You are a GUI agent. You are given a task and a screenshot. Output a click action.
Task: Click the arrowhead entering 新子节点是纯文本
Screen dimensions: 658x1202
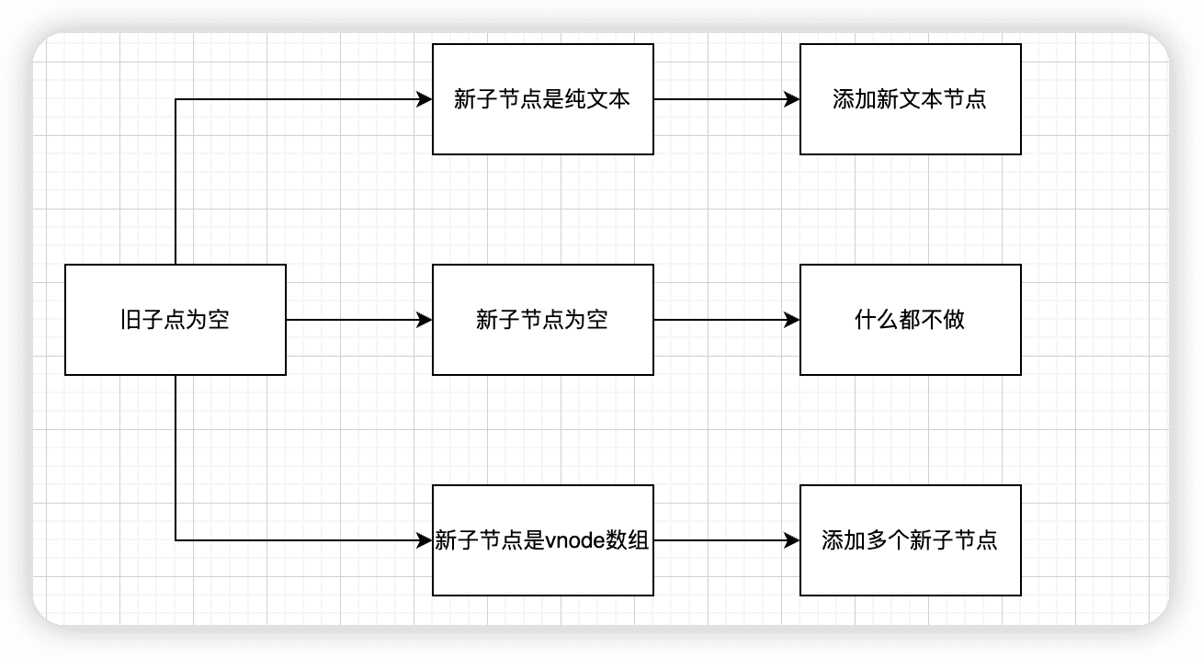click(425, 99)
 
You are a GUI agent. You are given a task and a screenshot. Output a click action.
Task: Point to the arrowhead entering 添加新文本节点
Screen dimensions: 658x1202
click(792, 99)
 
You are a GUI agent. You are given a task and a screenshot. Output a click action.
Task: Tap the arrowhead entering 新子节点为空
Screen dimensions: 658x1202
click(425, 320)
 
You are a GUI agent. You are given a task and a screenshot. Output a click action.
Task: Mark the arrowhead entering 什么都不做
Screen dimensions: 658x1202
click(792, 320)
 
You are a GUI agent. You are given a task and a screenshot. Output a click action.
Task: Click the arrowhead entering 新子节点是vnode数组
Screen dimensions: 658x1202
click(425, 540)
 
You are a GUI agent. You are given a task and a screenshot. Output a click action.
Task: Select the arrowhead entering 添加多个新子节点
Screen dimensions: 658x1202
click(792, 540)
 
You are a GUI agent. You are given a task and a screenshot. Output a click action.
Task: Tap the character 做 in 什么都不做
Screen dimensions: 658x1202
click(954, 320)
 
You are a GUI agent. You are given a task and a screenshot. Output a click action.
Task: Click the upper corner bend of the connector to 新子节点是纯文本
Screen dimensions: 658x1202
click(176, 99)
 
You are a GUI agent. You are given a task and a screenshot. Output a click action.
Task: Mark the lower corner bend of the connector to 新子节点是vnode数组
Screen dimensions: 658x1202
click(176, 540)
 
